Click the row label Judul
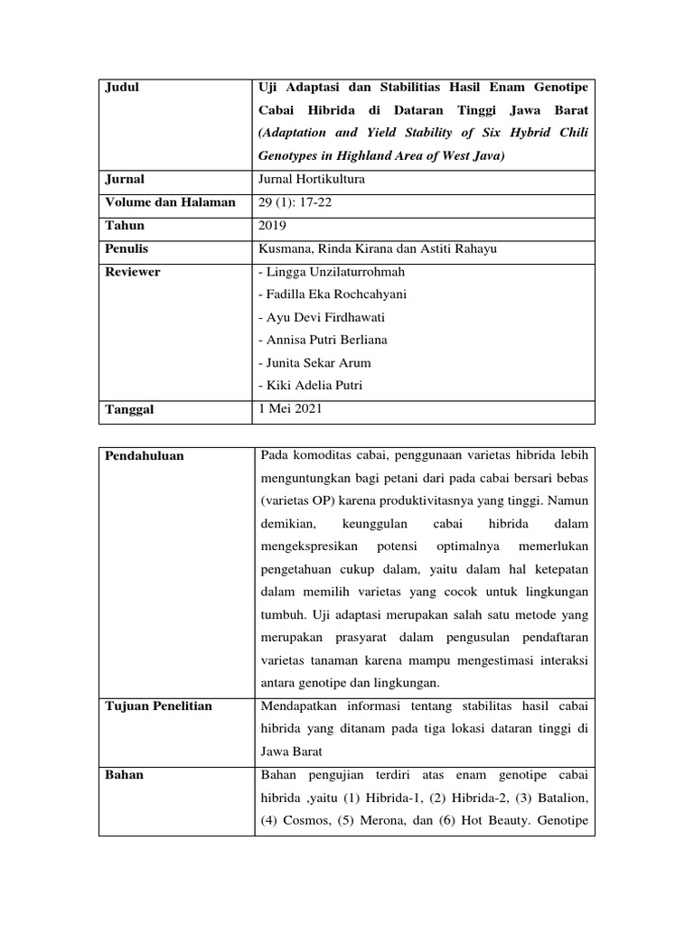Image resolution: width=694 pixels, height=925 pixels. click(124, 88)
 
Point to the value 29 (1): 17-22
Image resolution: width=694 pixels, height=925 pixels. click(295, 202)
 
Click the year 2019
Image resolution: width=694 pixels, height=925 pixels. click(274, 225)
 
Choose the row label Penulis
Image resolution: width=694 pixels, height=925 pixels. click(127, 248)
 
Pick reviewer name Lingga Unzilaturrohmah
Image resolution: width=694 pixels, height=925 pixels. click(332, 272)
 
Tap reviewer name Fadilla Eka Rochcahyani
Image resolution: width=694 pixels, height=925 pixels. click(333, 294)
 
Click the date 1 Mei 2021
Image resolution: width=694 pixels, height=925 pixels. click(289, 409)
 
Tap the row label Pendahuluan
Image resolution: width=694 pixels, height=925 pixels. click(145, 456)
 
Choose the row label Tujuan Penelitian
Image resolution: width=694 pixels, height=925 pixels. click(159, 705)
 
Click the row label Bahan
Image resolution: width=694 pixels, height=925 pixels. click(125, 775)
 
